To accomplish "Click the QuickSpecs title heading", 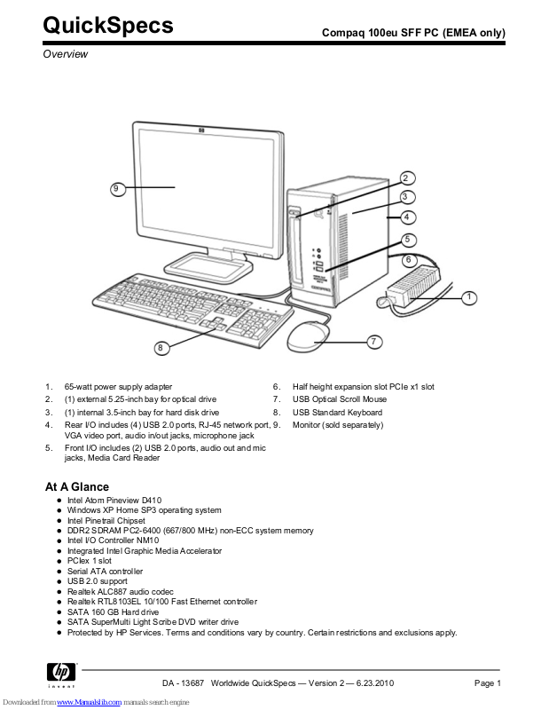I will click(x=108, y=27).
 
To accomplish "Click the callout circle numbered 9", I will click(x=116, y=188).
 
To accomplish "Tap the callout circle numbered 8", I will click(x=161, y=347).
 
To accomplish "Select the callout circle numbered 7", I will click(x=374, y=341).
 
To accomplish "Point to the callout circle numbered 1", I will click(x=469, y=296).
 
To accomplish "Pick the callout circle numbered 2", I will click(x=406, y=177).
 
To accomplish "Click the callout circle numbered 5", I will click(x=406, y=239).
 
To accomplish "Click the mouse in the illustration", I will click(x=308, y=335).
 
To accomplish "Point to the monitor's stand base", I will click(x=203, y=263).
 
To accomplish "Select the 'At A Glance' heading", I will click(x=77, y=486).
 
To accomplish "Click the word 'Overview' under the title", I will click(x=67, y=54).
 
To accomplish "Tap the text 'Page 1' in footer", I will click(x=488, y=682).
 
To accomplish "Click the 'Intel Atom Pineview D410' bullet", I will click(x=114, y=501).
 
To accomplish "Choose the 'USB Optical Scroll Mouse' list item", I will click(x=340, y=399).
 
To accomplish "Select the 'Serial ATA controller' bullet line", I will click(x=105, y=572).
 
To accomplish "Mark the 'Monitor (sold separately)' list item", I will click(x=338, y=425).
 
